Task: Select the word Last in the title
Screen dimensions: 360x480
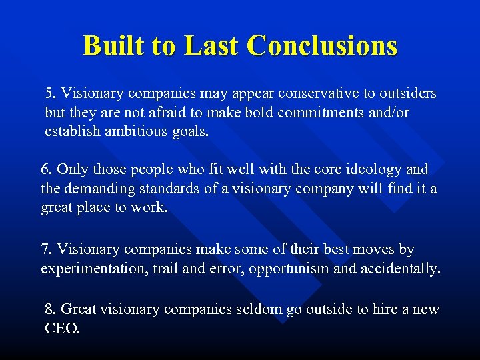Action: point(211,46)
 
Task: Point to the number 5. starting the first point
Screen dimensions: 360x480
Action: point(51,93)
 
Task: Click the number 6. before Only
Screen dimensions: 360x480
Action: point(47,169)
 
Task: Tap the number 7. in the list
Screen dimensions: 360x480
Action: point(47,249)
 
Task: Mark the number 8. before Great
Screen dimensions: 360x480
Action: point(51,309)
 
